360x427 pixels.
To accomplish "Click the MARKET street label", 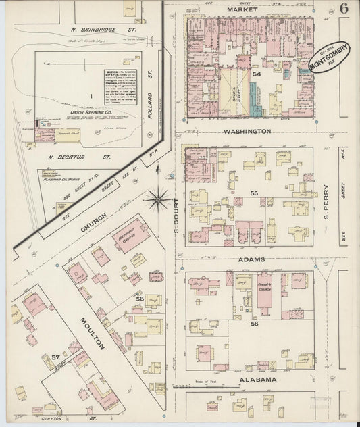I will coord(242,10).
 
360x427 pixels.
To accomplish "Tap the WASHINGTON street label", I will coord(248,131).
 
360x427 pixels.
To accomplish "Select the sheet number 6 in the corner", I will coord(344,9).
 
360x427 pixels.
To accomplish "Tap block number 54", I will coord(257,74).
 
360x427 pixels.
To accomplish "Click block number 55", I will coord(254,193).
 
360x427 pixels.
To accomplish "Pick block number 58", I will coord(255,324).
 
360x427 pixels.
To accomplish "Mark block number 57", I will coord(55,357).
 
